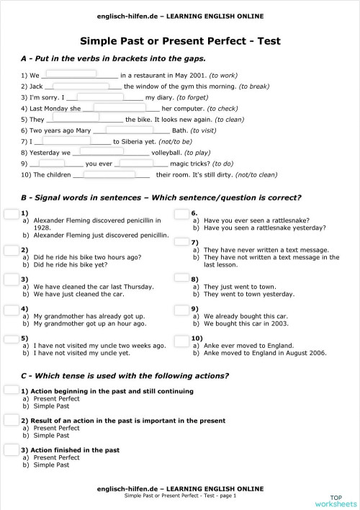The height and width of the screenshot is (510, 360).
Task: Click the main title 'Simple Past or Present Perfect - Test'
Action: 180,41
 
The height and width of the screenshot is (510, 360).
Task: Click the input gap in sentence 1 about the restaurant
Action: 71,73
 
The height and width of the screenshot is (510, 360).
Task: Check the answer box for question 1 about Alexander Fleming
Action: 11,213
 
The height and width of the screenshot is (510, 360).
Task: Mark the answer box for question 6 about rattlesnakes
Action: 181,213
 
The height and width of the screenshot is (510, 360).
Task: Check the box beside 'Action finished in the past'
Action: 11,449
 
